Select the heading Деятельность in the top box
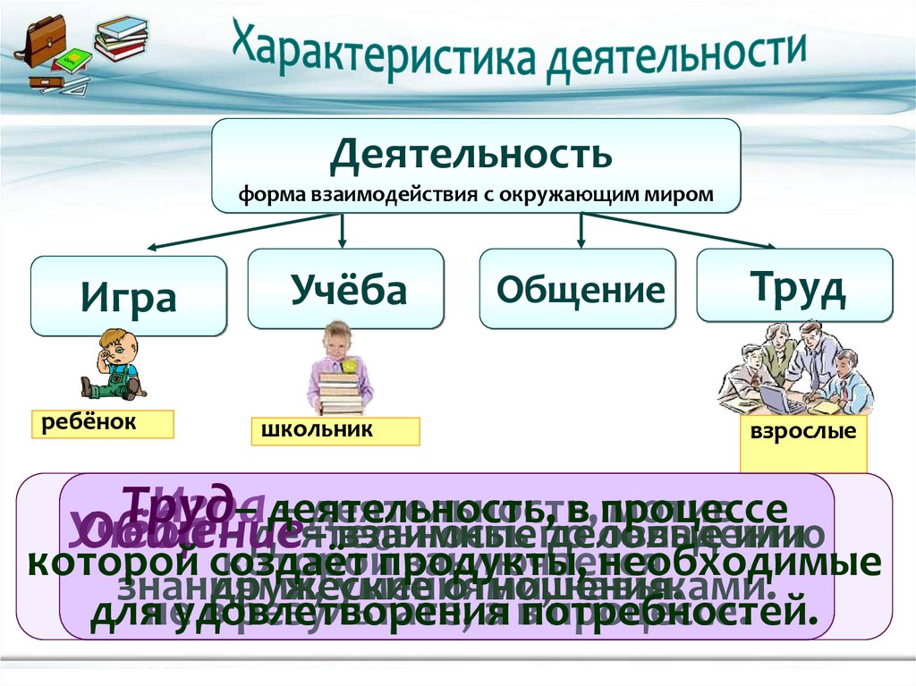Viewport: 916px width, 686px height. [471, 154]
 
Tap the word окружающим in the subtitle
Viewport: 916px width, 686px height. [561, 195]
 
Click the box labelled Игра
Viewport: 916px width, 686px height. [129, 296]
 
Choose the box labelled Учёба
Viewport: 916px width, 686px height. [346, 288]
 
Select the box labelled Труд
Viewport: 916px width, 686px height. [794, 284]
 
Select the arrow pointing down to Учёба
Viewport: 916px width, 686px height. [343, 231]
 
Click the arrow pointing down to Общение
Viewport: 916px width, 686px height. [581, 231]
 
